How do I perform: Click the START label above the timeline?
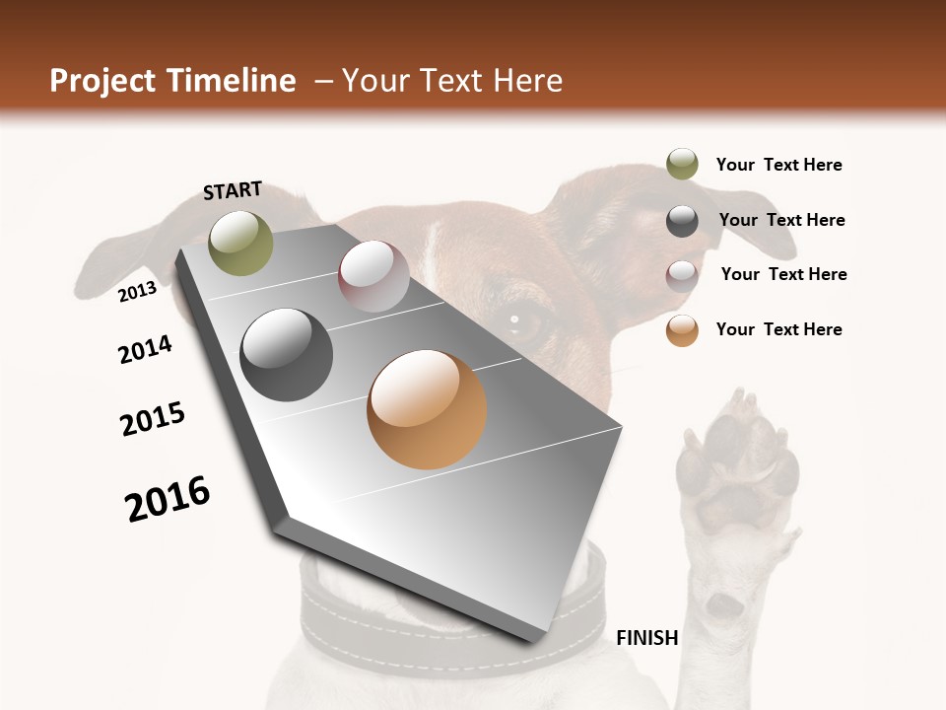[x=233, y=190]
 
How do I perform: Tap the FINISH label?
[x=647, y=638]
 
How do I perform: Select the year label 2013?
[x=137, y=292]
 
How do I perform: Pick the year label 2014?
[x=145, y=349]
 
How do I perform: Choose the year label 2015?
[x=153, y=418]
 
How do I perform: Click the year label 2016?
[x=168, y=499]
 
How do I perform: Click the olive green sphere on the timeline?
[x=241, y=243]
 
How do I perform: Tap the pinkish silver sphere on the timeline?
[x=373, y=276]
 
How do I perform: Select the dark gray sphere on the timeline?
[x=287, y=355]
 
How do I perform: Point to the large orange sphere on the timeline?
[x=427, y=409]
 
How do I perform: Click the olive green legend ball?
[x=682, y=165]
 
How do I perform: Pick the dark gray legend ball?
[x=682, y=221]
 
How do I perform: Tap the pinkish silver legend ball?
[x=682, y=275]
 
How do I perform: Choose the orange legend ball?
[x=682, y=330]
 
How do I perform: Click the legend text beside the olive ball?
[x=778, y=165]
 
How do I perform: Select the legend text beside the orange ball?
[x=778, y=329]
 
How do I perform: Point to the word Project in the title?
[x=103, y=81]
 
